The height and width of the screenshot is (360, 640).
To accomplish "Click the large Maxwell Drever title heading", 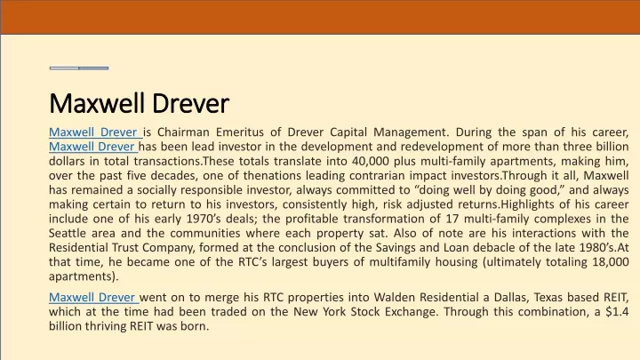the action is (139, 103).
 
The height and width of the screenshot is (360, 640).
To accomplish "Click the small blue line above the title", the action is (79, 68).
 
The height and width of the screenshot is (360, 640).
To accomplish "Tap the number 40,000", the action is (370, 161).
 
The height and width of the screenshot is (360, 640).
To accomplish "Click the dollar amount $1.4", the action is (617, 312).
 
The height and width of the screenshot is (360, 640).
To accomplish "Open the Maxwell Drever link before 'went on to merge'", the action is (93, 297).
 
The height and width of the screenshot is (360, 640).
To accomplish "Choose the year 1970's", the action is (204, 219).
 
